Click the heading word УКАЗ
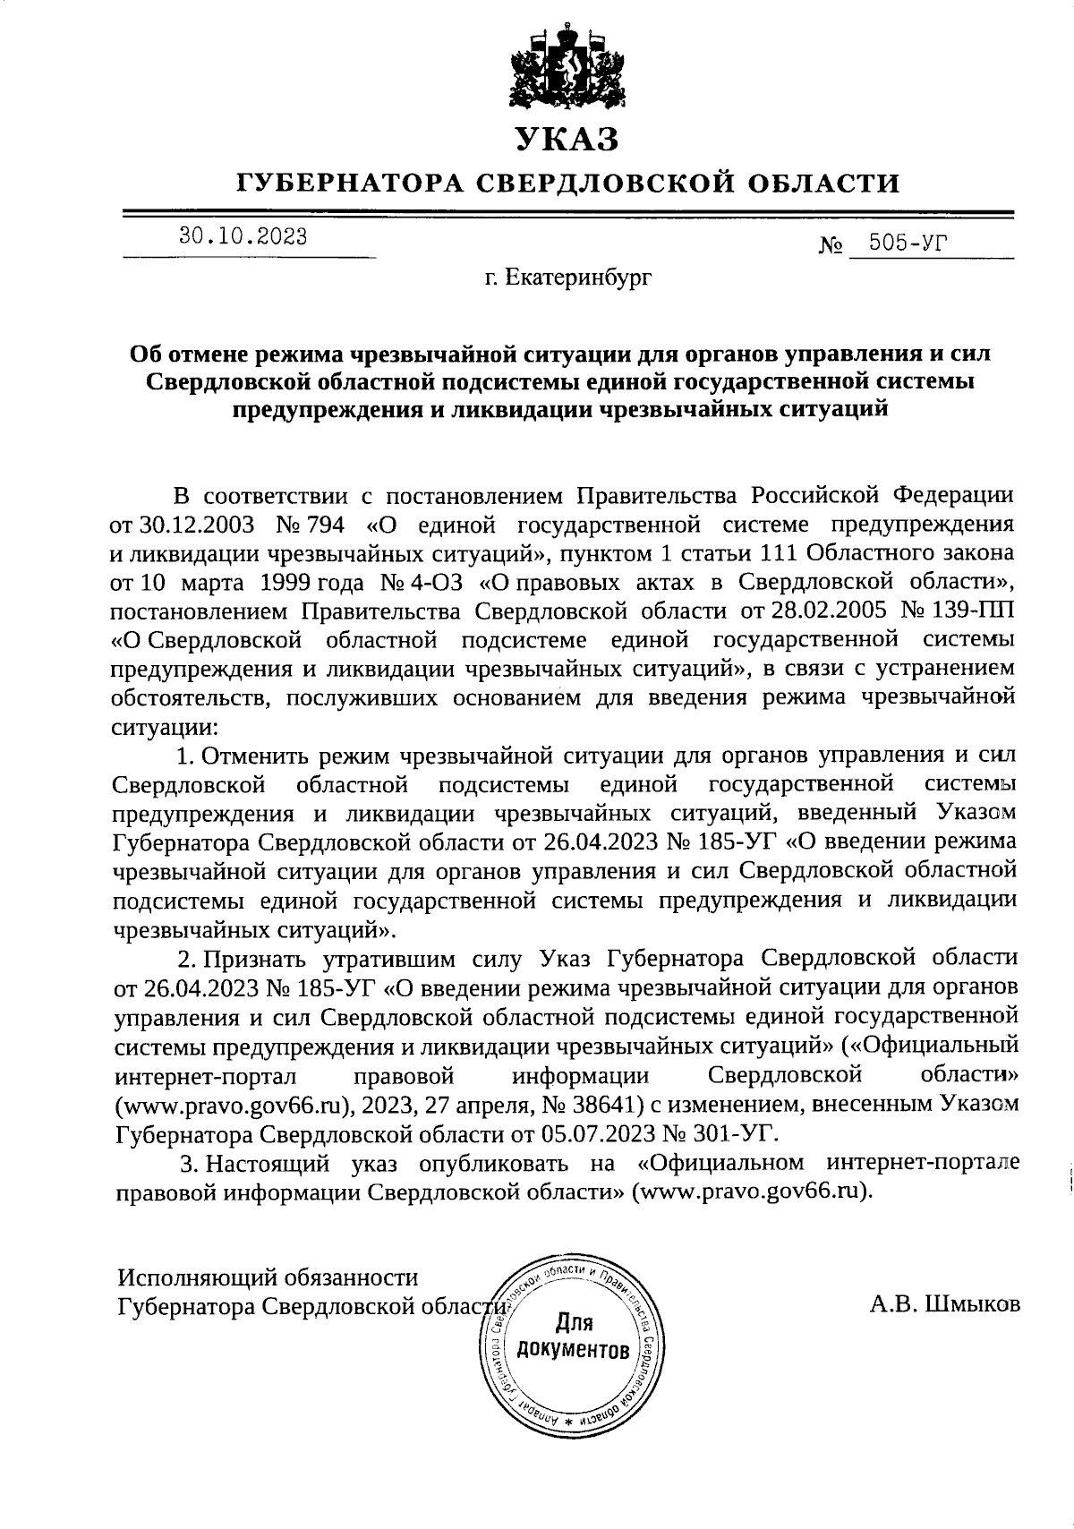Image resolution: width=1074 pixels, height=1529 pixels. [567, 140]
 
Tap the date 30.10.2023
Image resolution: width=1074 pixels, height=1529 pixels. [243, 237]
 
